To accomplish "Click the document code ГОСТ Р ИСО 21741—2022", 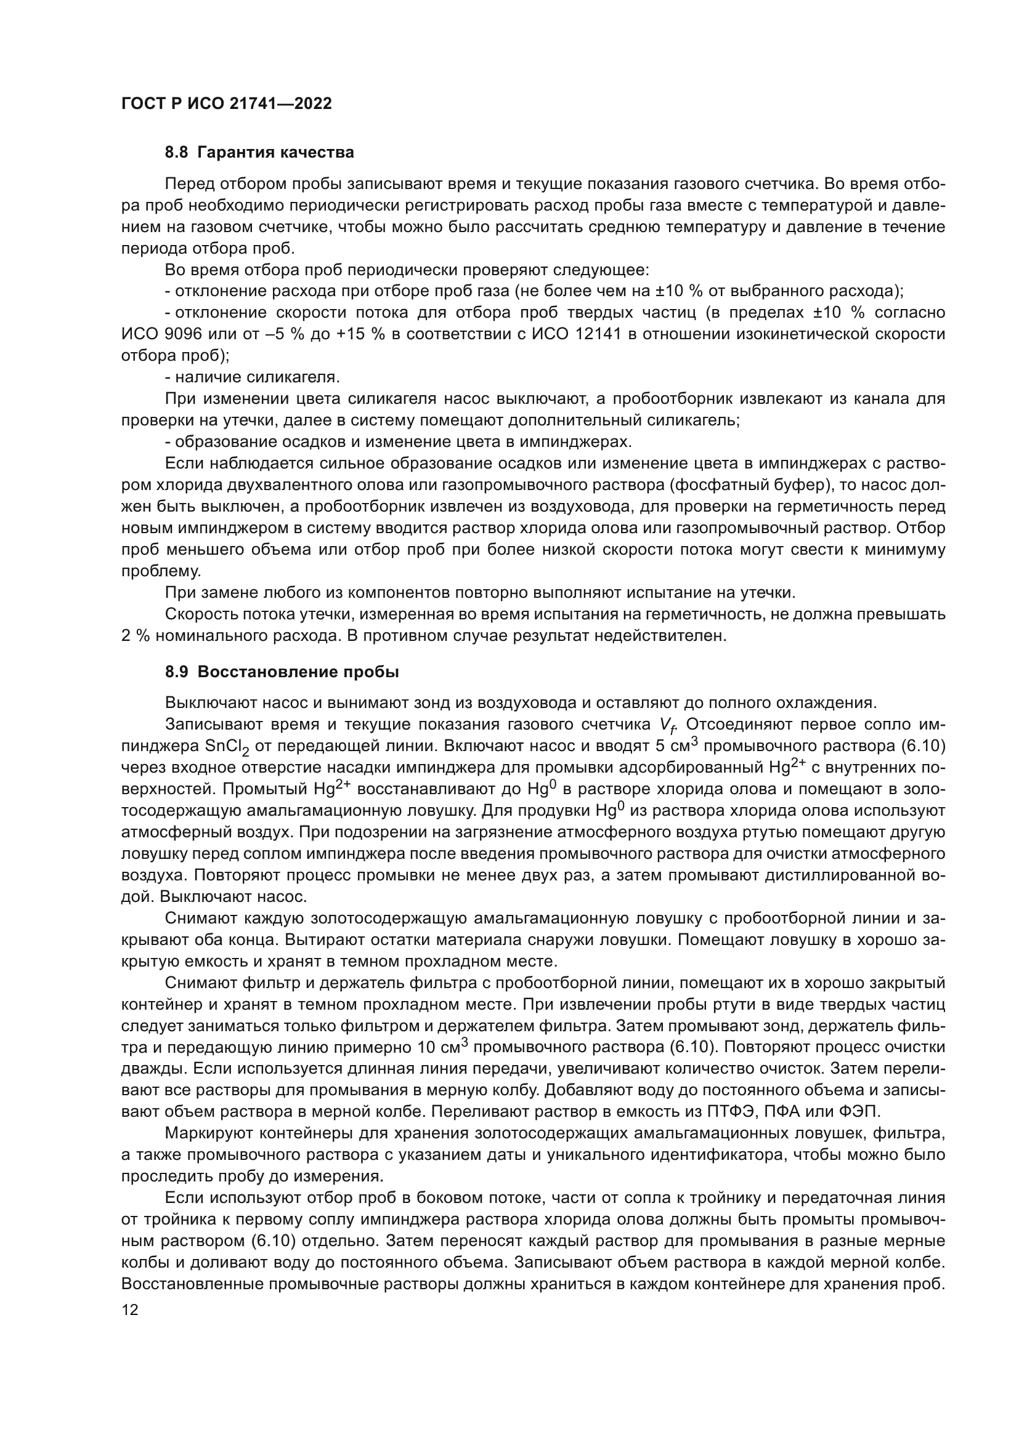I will [227, 104].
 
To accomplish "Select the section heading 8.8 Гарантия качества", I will [259, 153].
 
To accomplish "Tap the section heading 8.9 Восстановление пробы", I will [282, 672].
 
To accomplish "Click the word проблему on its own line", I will [161, 571].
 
